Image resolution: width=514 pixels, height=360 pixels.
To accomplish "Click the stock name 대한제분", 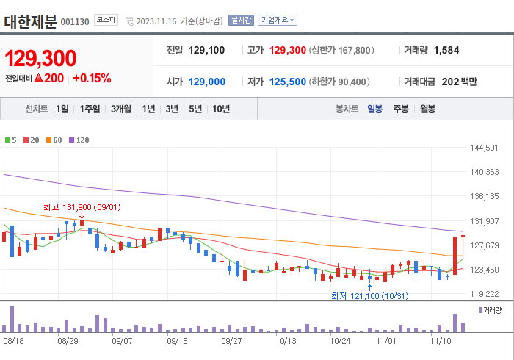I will pos(30,21).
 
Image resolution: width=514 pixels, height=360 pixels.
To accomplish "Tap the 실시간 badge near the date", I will pos(241,21).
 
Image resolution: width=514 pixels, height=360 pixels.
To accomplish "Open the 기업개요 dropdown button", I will pos(278,21).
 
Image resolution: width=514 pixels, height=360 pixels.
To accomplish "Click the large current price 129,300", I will pos(41,59).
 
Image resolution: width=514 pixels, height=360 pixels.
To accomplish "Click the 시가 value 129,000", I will pos(206,82).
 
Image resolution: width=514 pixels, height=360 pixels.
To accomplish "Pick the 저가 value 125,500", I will pos(287,82).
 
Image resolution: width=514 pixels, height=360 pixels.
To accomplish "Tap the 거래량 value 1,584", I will pos(446,50).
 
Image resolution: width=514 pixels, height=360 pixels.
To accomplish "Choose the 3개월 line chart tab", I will pos(121,109).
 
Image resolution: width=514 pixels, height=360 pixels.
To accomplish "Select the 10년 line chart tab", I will pos(220,109).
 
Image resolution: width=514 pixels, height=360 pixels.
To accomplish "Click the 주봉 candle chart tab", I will pos(400,109).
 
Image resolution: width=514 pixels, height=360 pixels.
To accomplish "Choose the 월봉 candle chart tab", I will pos(427,109).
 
